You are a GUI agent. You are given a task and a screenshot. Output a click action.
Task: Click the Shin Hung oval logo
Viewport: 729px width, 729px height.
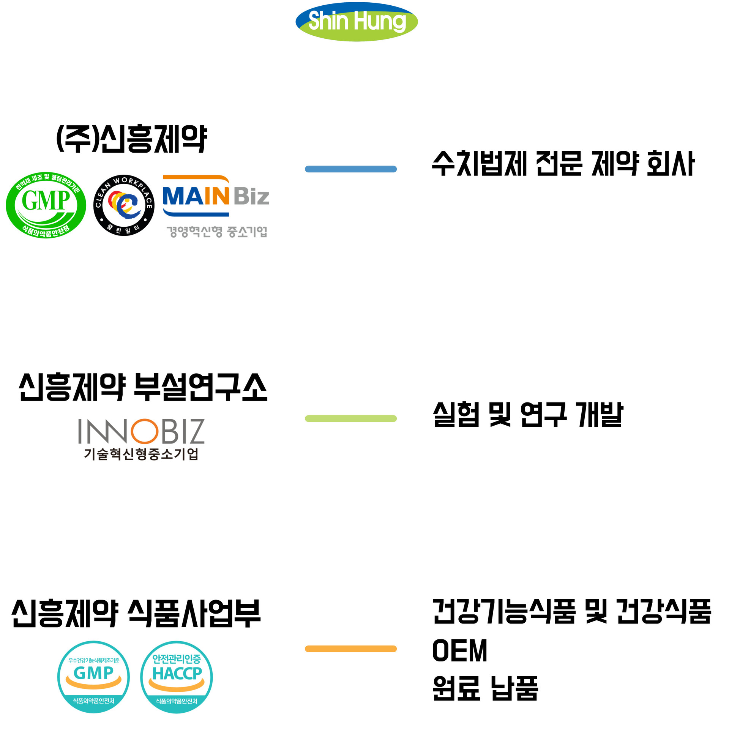click(357, 22)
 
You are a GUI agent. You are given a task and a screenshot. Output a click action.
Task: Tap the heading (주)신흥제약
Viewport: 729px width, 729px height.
click(132, 139)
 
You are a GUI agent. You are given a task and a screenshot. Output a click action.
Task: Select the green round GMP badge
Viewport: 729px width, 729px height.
click(46, 205)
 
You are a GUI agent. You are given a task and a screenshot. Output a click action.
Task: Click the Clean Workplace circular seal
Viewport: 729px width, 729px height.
click(124, 205)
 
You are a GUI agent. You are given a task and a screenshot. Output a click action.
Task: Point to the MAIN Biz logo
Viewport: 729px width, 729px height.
click(216, 196)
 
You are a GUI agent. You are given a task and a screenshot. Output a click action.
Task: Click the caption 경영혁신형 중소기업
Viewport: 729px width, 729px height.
click(217, 231)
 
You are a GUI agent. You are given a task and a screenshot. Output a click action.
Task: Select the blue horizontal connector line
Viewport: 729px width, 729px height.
click(350, 169)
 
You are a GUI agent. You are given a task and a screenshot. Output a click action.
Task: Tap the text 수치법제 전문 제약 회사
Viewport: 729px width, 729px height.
click(563, 164)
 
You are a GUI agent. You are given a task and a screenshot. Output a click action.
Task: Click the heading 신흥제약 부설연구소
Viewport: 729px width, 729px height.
click(143, 387)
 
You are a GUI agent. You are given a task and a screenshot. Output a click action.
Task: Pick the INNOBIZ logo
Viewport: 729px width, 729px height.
click(141, 431)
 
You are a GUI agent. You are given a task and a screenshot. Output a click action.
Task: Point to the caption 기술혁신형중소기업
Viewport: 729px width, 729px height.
click(141, 454)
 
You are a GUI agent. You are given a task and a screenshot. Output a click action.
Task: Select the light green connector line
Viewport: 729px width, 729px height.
click(350, 418)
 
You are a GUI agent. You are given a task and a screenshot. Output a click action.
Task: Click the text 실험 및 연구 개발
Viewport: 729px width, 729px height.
click(528, 414)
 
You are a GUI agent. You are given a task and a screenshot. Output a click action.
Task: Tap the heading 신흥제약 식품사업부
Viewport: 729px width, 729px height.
click(136, 613)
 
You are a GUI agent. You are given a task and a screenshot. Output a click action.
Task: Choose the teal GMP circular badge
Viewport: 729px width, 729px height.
click(93, 677)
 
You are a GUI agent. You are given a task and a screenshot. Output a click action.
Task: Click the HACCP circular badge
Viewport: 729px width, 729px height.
click(177, 677)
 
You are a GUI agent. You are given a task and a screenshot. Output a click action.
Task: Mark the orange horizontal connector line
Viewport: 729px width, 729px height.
click(350, 649)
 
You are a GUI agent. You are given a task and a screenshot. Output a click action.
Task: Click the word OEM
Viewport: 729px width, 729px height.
click(459, 650)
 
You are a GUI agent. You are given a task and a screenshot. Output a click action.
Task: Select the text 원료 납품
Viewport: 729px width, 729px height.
click(485, 688)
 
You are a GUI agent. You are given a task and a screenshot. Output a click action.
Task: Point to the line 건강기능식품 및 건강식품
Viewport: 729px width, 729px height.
click(571, 612)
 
